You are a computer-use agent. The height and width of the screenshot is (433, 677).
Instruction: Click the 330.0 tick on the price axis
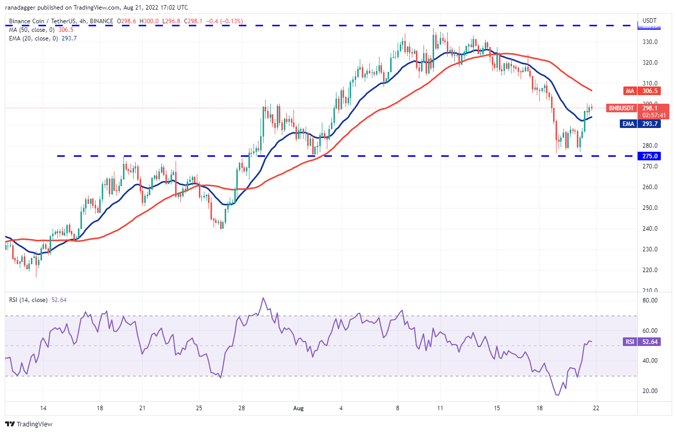pos(650,42)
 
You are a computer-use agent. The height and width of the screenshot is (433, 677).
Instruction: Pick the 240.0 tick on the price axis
pos(650,229)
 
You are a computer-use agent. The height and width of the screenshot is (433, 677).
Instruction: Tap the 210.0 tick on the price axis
pos(650,291)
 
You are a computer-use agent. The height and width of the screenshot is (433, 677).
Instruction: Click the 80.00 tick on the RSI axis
pos(650,300)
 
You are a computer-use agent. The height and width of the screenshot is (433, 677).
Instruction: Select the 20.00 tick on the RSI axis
pos(650,391)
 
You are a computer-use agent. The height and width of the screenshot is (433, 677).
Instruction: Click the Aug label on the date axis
pos(298,408)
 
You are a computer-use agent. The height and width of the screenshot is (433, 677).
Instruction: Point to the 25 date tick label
pos(199,408)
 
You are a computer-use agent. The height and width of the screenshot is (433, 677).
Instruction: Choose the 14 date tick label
pos(44,408)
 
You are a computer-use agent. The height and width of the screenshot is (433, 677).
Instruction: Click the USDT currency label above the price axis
pos(650,21)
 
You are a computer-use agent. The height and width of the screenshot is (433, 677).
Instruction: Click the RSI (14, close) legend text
pos(28,300)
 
